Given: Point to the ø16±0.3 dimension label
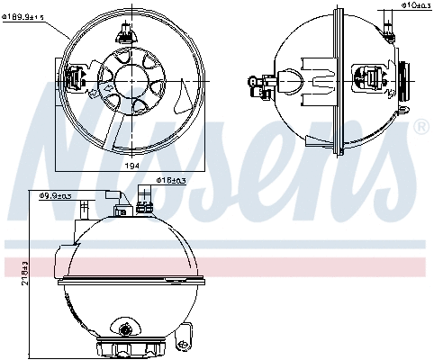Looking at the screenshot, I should click(171, 181).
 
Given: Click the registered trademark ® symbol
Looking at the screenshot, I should click(420, 129).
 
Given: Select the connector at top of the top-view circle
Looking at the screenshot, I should click(123, 33).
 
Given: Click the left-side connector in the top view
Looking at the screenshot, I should click(77, 77).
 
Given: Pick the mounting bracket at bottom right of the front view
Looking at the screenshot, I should click(184, 337).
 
